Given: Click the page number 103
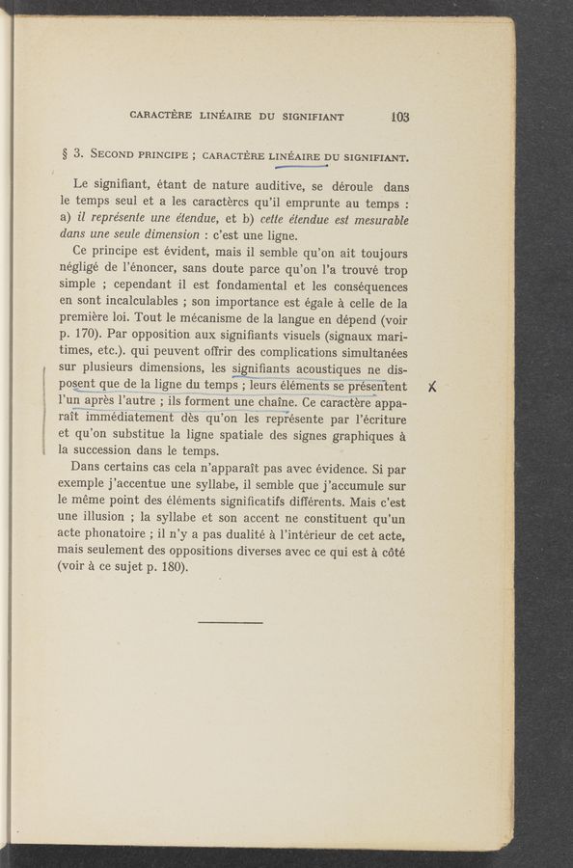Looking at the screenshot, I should click(399, 118).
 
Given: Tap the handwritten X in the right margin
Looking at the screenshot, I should click(433, 386).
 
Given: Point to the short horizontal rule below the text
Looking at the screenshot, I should click(231, 621).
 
